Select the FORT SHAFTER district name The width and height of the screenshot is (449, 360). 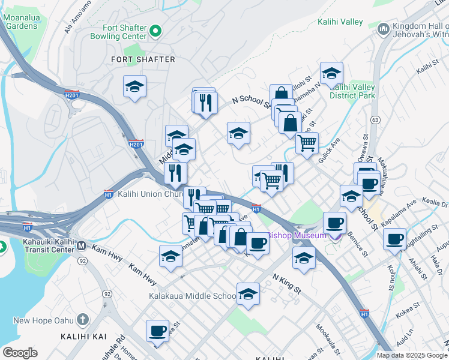click(143, 59)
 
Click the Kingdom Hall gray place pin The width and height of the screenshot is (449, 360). click(383, 28)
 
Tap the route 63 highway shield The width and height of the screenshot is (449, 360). click(374, 119)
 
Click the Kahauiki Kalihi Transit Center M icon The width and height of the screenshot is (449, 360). click(82, 245)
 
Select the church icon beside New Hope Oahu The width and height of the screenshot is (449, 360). click(82, 319)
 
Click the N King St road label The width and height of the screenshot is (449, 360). click(286, 282)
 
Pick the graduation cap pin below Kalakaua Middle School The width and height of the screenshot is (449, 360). click(248, 294)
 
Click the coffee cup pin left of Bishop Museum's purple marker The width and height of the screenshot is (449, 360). click(334, 223)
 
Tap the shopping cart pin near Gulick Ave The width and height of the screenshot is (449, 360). click(307, 143)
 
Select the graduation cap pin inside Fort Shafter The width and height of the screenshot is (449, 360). click(134, 86)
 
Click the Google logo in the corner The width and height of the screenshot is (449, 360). click(20, 353)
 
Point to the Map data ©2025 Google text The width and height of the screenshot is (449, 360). click(411, 355)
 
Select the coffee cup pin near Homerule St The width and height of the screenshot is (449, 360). click(158, 331)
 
